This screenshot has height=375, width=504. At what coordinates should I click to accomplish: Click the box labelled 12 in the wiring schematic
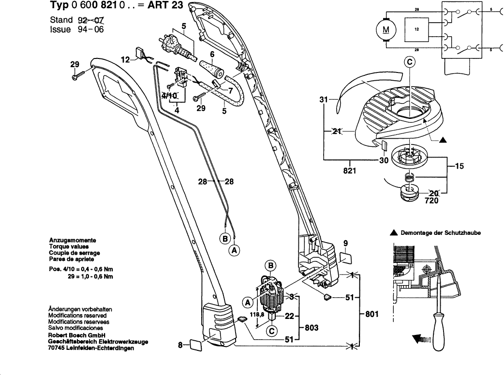[x=416, y=29]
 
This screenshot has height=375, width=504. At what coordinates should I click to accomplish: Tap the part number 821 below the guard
[x=350, y=171]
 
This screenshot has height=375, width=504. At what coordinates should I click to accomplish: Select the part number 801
[x=371, y=314]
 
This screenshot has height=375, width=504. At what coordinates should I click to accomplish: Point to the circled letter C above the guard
[x=410, y=62]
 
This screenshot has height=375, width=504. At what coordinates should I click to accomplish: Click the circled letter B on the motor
[x=271, y=265]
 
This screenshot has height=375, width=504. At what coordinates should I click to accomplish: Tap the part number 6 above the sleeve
[x=212, y=55]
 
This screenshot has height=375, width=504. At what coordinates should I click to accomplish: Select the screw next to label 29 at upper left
[x=77, y=76]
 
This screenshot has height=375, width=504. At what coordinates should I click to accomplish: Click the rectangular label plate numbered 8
[x=197, y=345]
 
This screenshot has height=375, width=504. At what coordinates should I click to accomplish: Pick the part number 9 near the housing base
[x=346, y=243]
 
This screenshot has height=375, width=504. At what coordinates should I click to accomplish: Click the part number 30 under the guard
[x=384, y=161]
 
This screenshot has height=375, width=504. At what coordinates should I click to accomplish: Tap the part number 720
[x=432, y=201]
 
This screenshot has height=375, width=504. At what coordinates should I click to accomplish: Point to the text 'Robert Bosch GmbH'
[x=77, y=335]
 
